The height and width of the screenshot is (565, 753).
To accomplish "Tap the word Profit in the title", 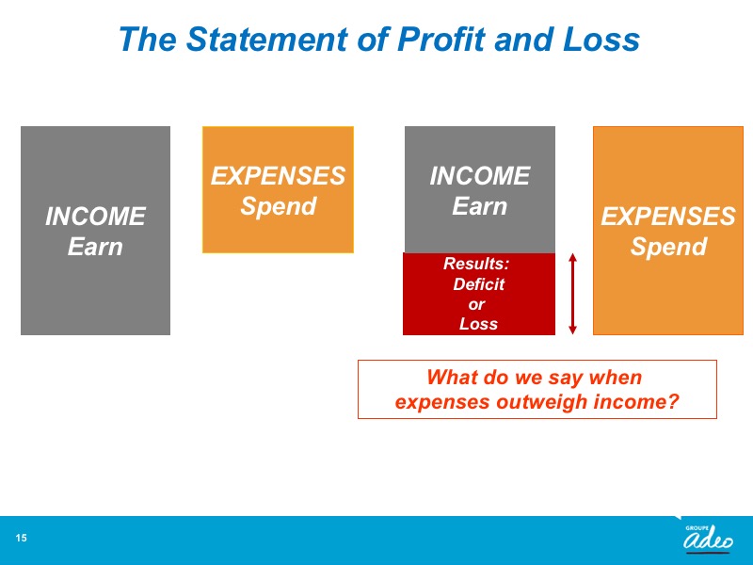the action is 441,39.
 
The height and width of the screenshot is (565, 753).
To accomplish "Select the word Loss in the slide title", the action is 601,39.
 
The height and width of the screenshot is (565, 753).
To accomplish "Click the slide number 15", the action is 21,538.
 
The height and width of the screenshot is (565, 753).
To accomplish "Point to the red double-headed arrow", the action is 572,294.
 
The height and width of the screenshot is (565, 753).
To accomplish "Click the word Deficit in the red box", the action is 479,284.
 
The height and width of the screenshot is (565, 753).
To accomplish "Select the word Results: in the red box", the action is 476,264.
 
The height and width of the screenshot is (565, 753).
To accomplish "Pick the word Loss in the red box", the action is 478,324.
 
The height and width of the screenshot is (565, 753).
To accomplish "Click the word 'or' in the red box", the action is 476,304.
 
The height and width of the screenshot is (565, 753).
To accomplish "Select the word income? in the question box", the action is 637,402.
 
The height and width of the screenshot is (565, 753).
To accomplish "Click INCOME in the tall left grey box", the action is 96,217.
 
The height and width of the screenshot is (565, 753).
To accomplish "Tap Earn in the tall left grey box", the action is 95,247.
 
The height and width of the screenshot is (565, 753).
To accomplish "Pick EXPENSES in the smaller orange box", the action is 278,176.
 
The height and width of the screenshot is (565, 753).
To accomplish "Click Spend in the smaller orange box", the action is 278,206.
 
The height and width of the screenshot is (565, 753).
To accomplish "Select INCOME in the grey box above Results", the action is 480,176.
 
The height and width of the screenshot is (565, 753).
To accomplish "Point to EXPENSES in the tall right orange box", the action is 668,217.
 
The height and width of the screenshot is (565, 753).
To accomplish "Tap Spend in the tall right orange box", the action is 668,247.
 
